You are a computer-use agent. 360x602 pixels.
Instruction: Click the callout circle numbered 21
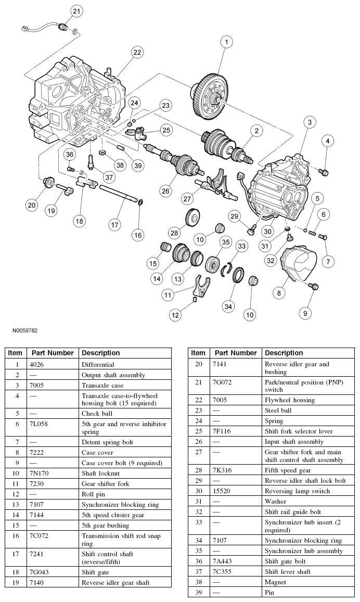click(x=76, y=11)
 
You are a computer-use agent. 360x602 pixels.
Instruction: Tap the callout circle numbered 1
click(x=226, y=42)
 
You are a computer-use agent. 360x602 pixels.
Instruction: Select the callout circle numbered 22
click(x=137, y=52)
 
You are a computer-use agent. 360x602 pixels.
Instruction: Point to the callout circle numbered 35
click(x=225, y=242)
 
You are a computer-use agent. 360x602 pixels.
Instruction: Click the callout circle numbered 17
click(x=114, y=225)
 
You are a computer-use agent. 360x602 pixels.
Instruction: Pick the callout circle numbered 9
click(x=305, y=313)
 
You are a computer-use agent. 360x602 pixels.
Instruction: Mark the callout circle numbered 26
click(x=165, y=191)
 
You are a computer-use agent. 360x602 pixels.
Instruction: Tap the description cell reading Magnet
click(x=275, y=582)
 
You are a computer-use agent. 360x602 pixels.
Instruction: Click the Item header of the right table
click(x=198, y=353)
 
